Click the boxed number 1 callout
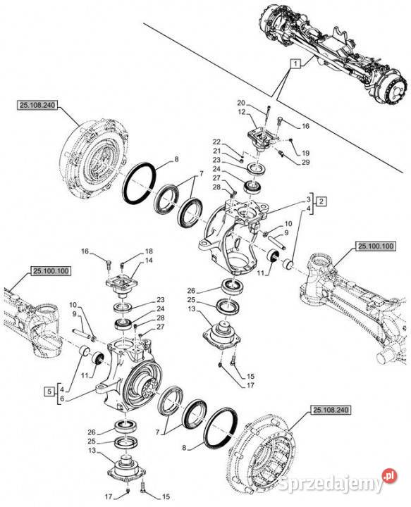(x=295, y=63)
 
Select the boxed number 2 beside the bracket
(x=321, y=201)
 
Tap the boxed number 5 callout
(x=49, y=392)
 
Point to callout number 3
(x=308, y=199)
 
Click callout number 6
(x=62, y=399)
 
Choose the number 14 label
(x=149, y=261)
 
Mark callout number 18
(x=149, y=251)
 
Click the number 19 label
(x=305, y=153)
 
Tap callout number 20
(x=241, y=103)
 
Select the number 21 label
(x=216, y=151)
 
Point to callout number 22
(x=216, y=142)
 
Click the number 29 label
(x=305, y=162)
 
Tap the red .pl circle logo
(x=390, y=475)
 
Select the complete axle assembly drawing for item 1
(x=333, y=51)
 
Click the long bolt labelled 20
(x=267, y=118)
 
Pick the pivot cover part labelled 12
(x=262, y=139)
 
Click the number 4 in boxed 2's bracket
(x=308, y=208)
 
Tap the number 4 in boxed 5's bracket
(x=62, y=389)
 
